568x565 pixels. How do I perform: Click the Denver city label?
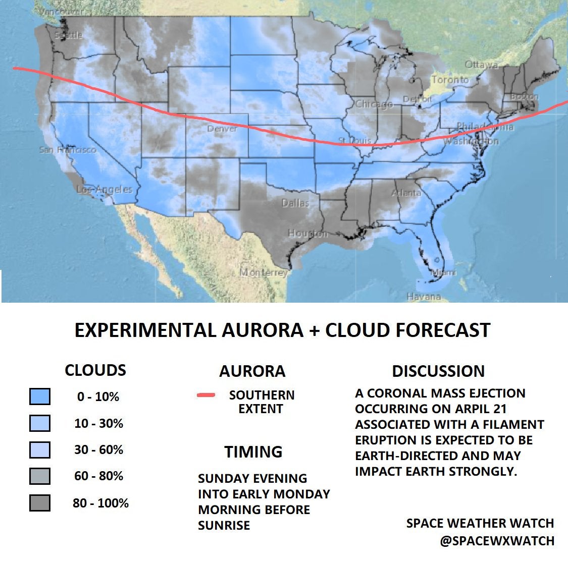pos(222,129)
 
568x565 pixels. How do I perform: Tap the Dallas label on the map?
pos(295,203)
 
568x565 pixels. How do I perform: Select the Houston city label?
pos(307,234)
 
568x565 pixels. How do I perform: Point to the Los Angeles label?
pos(105,190)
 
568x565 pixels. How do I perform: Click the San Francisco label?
pos(68,150)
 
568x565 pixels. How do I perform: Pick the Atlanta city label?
pos(406,193)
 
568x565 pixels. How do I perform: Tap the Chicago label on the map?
pos(374,104)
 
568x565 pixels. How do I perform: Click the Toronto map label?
pos(450,80)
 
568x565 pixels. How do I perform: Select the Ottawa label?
pos(481,65)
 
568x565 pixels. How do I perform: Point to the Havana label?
pos(424,297)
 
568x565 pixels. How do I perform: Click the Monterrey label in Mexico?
pos(264,272)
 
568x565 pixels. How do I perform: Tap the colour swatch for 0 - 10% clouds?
pos(40,397)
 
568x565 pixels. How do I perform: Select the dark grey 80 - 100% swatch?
pos(40,503)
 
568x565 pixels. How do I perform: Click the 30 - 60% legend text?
pos(98,449)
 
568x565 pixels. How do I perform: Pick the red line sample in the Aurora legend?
pos(206,395)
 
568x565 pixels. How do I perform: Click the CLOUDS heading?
pos(95,370)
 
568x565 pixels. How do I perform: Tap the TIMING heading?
pos(253,451)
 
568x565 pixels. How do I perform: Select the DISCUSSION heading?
pos(438,371)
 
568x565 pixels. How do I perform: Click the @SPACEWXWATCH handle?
pos(497,541)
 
